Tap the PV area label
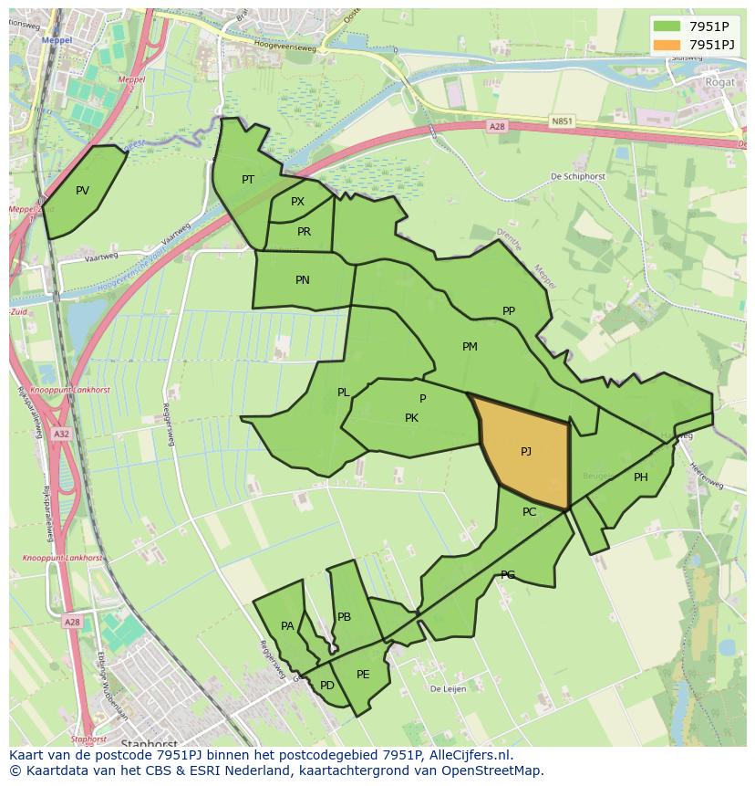pos(83,191)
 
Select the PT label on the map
pos(248,180)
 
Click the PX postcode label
pos(297,202)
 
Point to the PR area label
pos(304,232)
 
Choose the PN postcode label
pos(303,280)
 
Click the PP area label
pos(509,311)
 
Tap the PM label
pos(470,347)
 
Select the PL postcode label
pos(344,393)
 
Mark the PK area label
pos(411,418)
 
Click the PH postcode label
pos(641,477)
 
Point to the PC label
pos(530,512)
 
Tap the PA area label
pos(287,626)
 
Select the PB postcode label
pos(344,617)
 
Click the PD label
pos(327,686)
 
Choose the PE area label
pos(363,675)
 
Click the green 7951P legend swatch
pos(667,26)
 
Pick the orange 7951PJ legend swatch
pos(667,44)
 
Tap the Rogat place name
pos(720,81)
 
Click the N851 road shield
pos(563,120)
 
